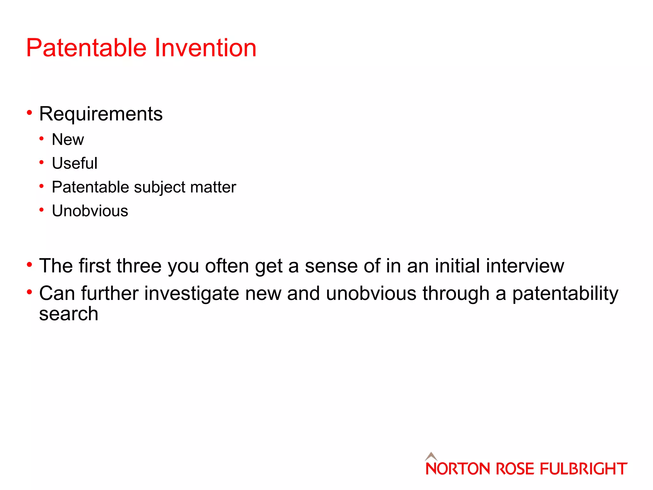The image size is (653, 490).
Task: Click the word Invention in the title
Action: click(x=205, y=48)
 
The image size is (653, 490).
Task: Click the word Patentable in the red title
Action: click(x=86, y=48)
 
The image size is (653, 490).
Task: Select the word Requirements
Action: click(x=101, y=114)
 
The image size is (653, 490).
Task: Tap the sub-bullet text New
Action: click(x=68, y=140)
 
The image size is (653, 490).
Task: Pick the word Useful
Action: click(x=75, y=163)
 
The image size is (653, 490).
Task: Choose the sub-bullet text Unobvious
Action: click(x=90, y=211)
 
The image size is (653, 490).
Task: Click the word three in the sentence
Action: click(x=139, y=266)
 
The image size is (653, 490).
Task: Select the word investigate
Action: click(x=192, y=293)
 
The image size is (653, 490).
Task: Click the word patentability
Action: click(x=565, y=293)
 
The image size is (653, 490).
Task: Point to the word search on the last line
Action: click(x=69, y=314)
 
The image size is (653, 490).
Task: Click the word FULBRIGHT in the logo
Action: click(x=583, y=469)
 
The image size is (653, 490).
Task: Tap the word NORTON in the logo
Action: click(x=458, y=469)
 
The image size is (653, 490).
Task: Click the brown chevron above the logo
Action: click(x=431, y=456)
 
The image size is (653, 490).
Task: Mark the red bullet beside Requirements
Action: click(x=30, y=113)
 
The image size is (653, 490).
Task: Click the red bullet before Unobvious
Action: click(x=41, y=210)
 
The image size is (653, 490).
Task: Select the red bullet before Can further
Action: click(x=30, y=292)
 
